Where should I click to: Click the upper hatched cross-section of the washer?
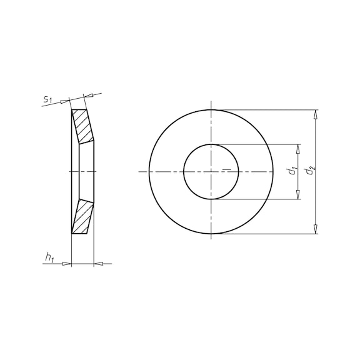(82, 126)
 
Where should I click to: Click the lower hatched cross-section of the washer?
(82, 217)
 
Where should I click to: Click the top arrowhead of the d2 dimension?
(316, 114)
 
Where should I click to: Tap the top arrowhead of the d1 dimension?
(298, 149)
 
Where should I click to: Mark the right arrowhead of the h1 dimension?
(97, 264)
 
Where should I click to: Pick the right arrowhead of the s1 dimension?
(89, 95)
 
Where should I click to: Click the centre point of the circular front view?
(211, 172)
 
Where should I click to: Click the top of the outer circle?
(211, 110)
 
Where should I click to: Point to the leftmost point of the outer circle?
(149, 172)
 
